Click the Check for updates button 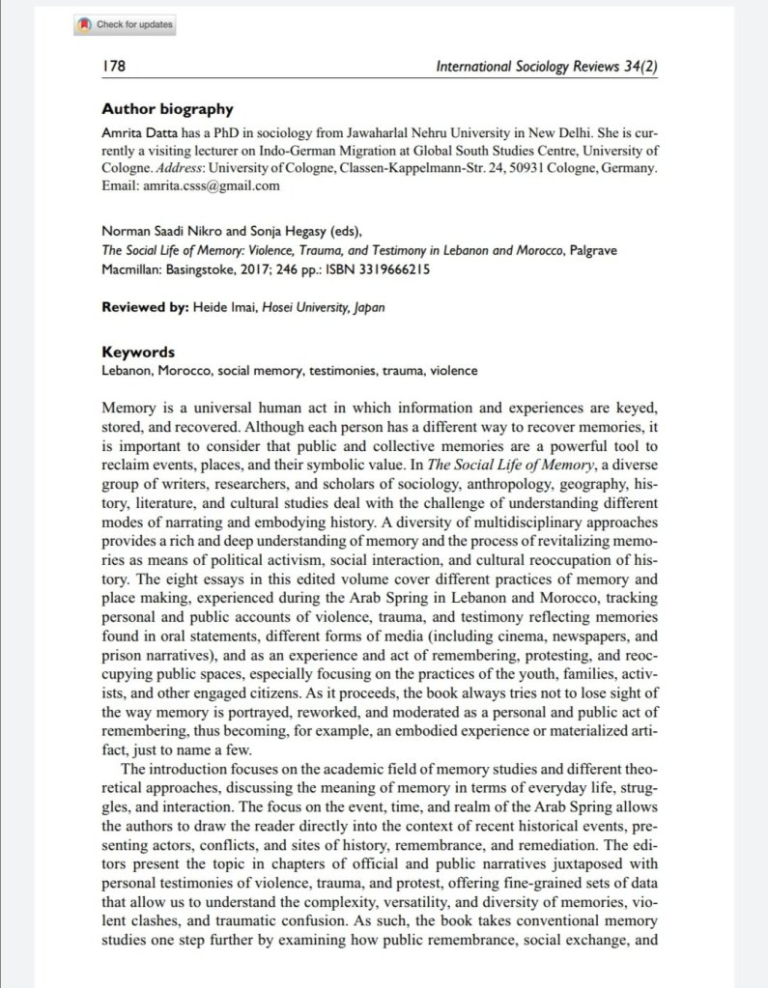[126, 25]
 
